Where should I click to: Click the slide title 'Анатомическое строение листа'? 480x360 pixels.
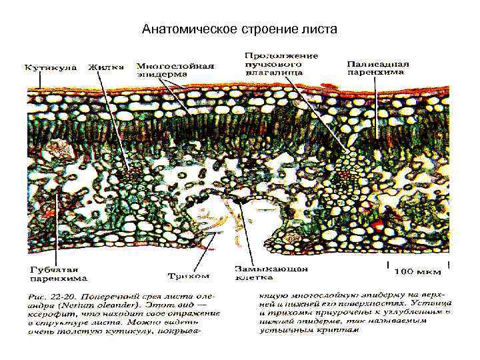pos(240,29)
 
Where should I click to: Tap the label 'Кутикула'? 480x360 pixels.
pos(51,67)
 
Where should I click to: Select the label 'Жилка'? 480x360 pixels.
pos(103,67)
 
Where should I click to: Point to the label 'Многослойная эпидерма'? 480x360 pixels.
pos(175,70)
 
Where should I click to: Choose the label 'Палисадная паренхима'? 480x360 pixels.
pos(378,67)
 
